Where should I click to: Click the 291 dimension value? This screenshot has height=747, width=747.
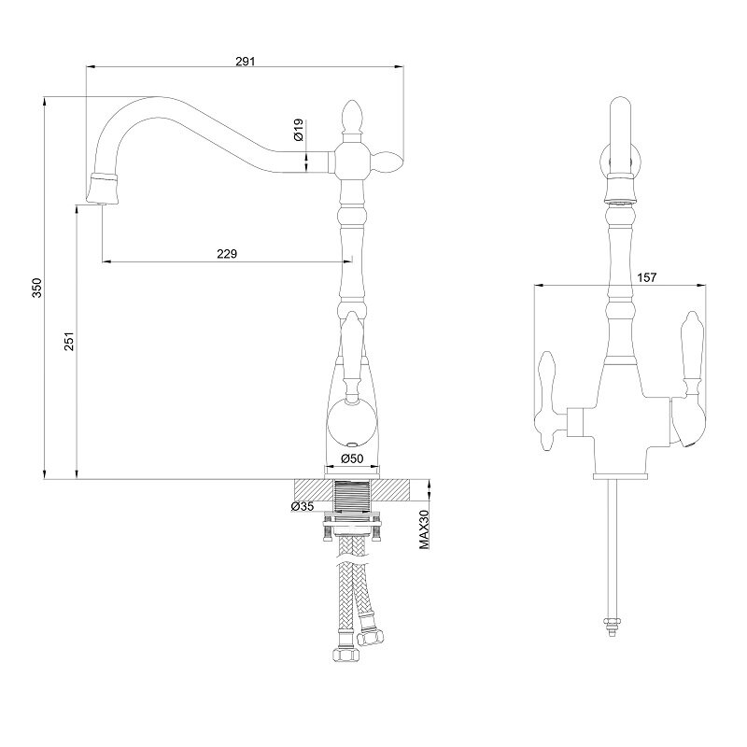(246, 61)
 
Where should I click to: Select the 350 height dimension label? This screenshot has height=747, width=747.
(37, 288)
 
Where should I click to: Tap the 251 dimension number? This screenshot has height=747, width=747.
(69, 341)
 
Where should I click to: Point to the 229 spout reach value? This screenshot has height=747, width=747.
(227, 253)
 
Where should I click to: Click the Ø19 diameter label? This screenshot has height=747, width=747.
(299, 130)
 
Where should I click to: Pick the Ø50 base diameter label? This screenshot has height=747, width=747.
(352, 458)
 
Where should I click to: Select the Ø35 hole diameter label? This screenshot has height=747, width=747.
(303, 506)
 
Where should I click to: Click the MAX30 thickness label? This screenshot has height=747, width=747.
(425, 529)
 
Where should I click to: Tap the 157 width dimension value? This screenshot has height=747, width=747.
(646, 277)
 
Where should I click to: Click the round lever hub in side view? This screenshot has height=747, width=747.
(352, 423)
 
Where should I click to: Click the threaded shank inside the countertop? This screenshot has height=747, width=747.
(352, 496)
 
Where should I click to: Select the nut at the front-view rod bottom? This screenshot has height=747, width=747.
(613, 623)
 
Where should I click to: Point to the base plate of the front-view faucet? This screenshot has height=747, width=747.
(620, 476)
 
